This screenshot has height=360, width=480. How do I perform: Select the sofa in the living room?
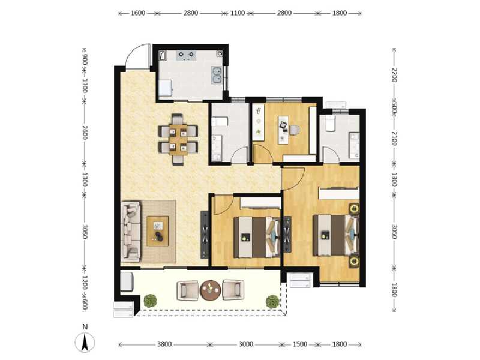[x=130, y=233]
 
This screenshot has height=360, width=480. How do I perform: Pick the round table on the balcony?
[x=211, y=291]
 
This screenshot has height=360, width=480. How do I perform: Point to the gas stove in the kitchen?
[x=185, y=56]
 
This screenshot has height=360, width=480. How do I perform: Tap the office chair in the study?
[x=294, y=130]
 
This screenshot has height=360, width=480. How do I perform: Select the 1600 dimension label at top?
[x=137, y=13]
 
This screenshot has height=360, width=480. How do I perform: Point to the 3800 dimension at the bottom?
[x=165, y=344]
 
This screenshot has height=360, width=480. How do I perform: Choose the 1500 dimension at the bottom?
[x=300, y=344]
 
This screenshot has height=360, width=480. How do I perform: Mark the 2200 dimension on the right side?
[x=394, y=75]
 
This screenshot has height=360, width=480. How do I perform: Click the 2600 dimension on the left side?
[x=85, y=132]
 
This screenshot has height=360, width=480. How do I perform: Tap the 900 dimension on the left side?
[x=85, y=59]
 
